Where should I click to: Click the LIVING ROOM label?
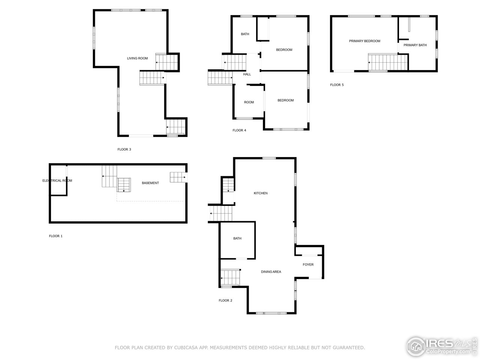137,58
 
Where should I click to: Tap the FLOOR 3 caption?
124,149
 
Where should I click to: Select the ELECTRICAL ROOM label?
57,181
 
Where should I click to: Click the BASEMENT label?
150,183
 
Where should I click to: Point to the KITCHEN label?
261,193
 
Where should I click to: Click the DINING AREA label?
271,272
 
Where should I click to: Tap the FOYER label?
308,264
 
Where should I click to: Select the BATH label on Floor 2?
237,238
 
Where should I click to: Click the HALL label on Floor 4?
247,74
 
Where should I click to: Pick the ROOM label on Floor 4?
249,102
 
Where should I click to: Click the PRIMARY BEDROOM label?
364,41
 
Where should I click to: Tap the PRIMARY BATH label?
415,45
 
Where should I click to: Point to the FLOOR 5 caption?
337,85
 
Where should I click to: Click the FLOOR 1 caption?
56,236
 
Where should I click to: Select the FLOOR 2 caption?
225,300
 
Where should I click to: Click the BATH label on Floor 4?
245,34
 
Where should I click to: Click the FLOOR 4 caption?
239,130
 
